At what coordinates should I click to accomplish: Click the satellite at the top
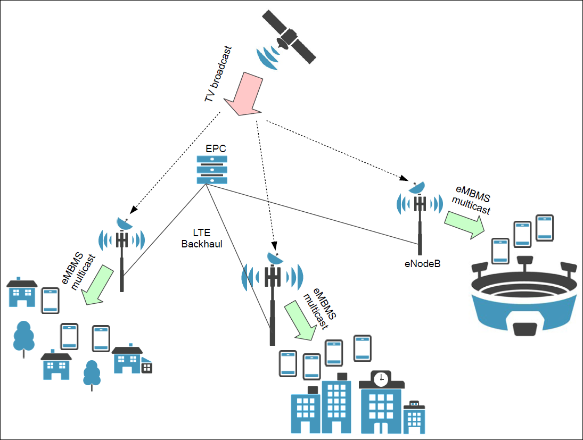tap(288, 37)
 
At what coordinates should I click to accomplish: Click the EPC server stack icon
tap(211, 169)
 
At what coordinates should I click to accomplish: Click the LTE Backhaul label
tap(202, 238)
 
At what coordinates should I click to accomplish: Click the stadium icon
tap(527, 298)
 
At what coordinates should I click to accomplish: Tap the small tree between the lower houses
tap(92, 374)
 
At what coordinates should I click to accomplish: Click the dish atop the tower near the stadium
tap(417, 186)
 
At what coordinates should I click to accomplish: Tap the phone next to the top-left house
tap(51, 301)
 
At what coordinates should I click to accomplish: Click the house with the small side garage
tap(132, 360)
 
